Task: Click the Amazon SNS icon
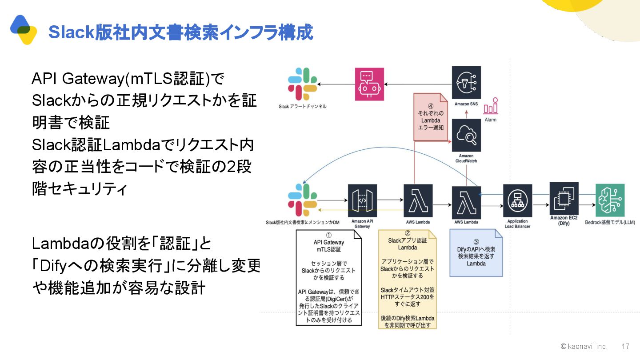(466, 83)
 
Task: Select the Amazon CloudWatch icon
(466, 134)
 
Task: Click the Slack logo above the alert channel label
(302, 84)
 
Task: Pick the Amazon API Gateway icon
(362, 200)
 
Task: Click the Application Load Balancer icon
(518, 200)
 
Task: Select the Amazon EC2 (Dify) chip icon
(564, 197)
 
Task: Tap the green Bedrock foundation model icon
(610, 200)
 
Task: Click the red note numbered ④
(430, 116)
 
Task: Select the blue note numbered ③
(476, 252)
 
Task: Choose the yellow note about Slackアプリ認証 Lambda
(408, 279)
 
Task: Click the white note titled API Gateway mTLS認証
(329, 277)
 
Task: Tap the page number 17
(625, 346)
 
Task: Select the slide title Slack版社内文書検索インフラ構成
(180, 32)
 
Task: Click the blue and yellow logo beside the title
(24, 29)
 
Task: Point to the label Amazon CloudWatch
(466, 158)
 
